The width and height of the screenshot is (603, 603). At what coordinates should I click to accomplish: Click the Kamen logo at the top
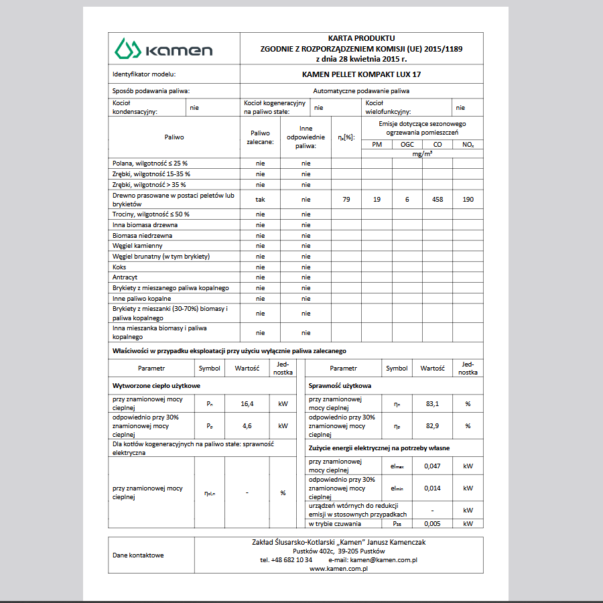163,49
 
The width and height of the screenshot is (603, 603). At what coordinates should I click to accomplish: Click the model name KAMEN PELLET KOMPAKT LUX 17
361,74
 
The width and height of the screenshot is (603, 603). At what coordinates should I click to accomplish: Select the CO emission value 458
438,199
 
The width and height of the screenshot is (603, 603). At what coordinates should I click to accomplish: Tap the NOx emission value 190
468,199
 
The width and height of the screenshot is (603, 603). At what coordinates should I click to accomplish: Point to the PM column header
377,145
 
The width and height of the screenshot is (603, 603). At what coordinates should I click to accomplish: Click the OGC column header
407,145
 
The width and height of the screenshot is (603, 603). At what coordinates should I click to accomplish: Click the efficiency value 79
346,199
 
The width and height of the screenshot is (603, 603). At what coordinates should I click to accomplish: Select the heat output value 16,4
247,404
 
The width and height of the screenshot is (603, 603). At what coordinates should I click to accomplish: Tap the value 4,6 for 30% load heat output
247,425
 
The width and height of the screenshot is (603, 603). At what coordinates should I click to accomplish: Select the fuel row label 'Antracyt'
125,277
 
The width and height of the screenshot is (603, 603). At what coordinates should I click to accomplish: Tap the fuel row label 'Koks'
119,267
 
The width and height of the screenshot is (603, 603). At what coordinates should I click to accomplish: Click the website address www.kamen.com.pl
340,568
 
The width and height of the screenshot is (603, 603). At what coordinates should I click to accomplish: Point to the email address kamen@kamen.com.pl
384,559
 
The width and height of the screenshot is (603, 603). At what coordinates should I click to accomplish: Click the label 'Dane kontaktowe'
138,555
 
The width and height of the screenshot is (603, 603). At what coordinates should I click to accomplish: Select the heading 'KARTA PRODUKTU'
361,39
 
